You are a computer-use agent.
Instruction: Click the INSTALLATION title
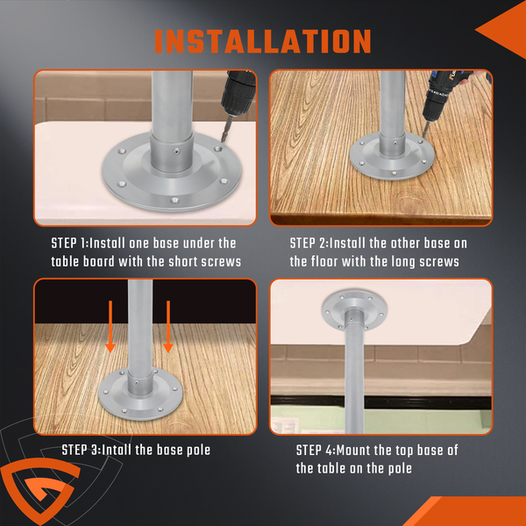263,41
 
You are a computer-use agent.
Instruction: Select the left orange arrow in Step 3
110,326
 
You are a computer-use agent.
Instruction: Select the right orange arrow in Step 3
168,326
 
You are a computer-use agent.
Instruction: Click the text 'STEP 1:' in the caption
70,243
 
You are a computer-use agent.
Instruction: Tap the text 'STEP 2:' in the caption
309,243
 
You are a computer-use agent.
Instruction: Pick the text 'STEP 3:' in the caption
82,451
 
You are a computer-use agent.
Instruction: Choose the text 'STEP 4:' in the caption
316,451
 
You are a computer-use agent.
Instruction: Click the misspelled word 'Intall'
117,451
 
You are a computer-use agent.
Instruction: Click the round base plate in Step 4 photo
354,303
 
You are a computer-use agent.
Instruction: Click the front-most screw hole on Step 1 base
174,201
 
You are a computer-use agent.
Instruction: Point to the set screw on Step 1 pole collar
176,152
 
